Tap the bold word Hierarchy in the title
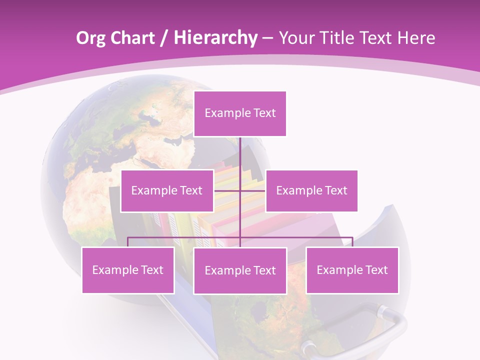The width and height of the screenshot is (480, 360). pos(215,38)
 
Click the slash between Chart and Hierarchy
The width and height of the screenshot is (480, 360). pos(164,38)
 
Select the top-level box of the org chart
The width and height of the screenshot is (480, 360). pos(240,113)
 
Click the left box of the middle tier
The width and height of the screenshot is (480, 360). pos(167,190)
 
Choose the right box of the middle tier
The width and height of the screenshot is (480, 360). pos(311,190)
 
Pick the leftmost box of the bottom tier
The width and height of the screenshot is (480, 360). pos(128,270)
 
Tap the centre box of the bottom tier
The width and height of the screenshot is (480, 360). pos(240,270)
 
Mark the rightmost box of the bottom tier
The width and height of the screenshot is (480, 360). pos(352,270)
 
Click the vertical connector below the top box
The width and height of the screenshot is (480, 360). pos(240,155)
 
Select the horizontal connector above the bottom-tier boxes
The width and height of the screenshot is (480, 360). pos(185,237)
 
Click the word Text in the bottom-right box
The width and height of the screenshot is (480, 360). pos(376,270)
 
